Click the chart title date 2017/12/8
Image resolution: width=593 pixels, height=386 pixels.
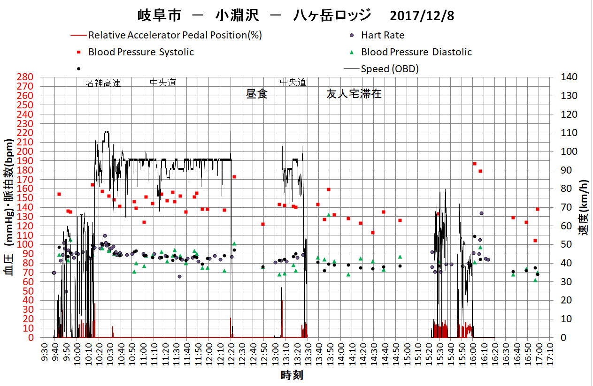pyautogui.click(x=422, y=16)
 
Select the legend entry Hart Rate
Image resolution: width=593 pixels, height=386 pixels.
pyautogui.click(x=382, y=35)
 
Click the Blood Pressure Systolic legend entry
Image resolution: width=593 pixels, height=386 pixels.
pyautogui.click(x=141, y=52)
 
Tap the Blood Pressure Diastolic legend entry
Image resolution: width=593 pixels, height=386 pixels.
pyautogui.click(x=416, y=52)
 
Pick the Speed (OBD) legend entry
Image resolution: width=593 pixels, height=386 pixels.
pyautogui.click(x=390, y=69)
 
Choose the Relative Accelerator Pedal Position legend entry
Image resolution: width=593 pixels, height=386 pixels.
pyautogui.click(x=175, y=35)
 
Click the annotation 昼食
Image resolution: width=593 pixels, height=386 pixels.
pyautogui.click(x=257, y=94)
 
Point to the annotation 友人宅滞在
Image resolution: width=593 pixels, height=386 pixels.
pyautogui.click(x=354, y=94)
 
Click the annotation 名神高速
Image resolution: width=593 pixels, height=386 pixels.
pyautogui.click(x=103, y=83)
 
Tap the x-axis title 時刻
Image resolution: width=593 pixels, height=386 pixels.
pyautogui.click(x=292, y=375)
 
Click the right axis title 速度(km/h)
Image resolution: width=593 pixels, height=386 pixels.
pyautogui.click(x=584, y=207)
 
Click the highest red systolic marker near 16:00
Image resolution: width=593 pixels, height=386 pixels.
pyautogui.click(x=474, y=164)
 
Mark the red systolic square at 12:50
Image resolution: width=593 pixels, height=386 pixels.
pyautogui.click(x=262, y=224)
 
